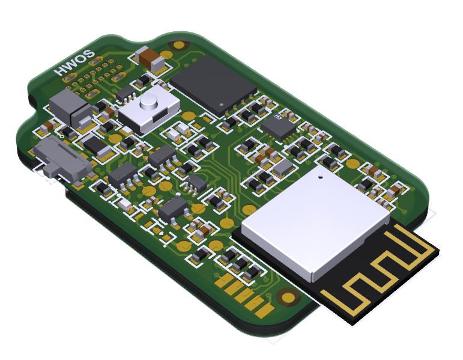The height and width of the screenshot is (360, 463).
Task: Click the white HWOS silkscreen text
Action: [x=76, y=63]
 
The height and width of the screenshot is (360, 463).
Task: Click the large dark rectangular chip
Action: [x=213, y=85]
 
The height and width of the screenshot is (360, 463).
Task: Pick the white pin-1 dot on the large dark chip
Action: [x=222, y=105]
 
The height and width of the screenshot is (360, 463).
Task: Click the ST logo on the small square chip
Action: [x=278, y=117]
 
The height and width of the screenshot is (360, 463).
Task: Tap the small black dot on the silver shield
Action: [x=320, y=177]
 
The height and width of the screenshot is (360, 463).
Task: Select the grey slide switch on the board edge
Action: [x=62, y=159]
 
